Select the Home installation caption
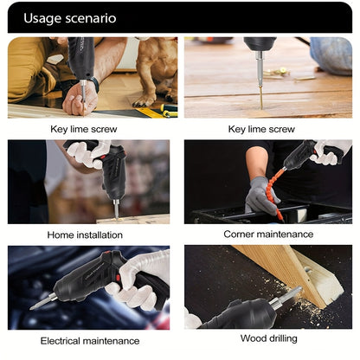click(85, 235)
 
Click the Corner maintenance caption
click(267, 235)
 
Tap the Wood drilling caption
click(267, 338)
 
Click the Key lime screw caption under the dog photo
click(85, 129)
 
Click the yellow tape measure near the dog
click(156, 112)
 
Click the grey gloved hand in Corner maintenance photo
click(259, 195)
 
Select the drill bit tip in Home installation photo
click(116, 210)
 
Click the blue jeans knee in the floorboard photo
click(331, 55)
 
